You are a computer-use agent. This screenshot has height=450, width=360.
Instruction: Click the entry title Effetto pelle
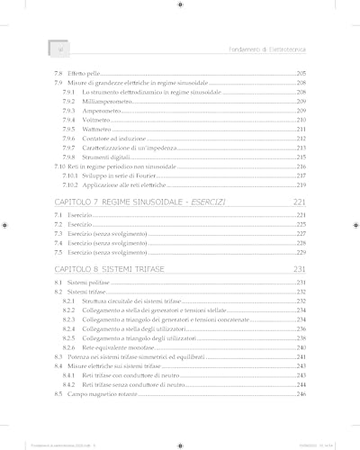point(85,72)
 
